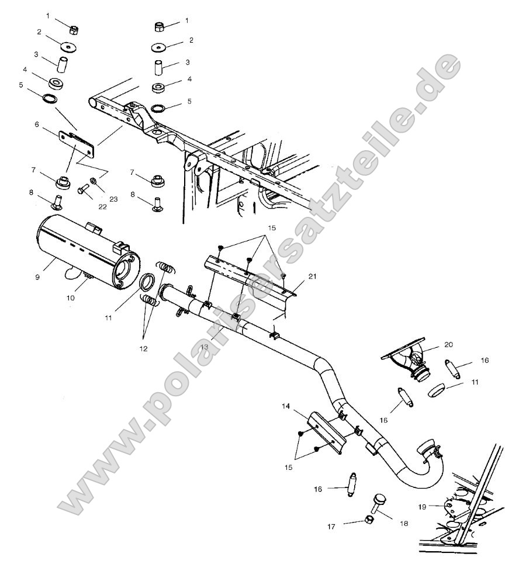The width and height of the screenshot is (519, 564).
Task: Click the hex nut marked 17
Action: (x=369, y=519)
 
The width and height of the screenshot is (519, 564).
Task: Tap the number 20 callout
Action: (x=448, y=345)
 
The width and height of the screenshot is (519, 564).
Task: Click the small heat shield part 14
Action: (x=324, y=429)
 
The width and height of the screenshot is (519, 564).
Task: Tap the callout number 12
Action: (x=144, y=348)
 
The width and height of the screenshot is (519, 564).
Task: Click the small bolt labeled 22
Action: (x=82, y=189)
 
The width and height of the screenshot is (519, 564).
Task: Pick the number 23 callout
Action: (x=113, y=199)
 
